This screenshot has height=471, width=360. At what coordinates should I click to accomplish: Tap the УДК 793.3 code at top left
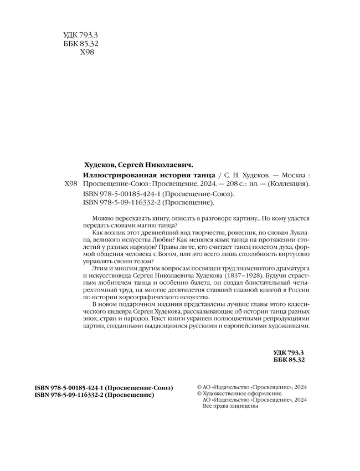pyautogui.click(x=77, y=36)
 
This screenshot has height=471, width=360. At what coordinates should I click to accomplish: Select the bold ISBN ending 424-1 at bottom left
pyautogui.click(x=104, y=387)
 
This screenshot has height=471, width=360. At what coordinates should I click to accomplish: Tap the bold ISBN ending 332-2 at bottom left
pyautogui.click(x=94, y=396)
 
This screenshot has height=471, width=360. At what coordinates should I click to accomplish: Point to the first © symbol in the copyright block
pyautogui.click(x=200, y=387)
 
